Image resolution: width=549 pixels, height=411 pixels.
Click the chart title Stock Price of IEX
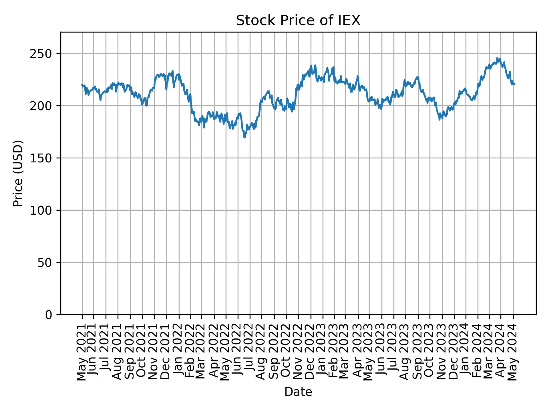pyautogui.click(x=298, y=21)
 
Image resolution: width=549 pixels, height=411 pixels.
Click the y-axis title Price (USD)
pyautogui.click(x=18, y=173)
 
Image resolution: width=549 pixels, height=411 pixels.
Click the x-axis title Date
pyautogui.click(x=298, y=392)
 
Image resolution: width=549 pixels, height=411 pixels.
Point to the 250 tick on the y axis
pyautogui.click(x=43, y=54)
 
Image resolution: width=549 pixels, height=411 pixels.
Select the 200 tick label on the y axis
pyautogui.click(x=43, y=106)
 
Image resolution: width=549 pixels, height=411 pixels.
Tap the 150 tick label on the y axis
pyautogui.click(x=43, y=158)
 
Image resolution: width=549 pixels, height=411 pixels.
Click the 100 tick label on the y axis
pyautogui.click(x=43, y=210)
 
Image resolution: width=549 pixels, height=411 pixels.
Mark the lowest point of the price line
pyautogui.click(x=244, y=138)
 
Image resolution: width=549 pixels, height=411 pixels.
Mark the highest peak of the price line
pyautogui.click(x=497, y=58)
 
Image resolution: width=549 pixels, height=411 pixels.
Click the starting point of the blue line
pyautogui.click(x=82, y=85)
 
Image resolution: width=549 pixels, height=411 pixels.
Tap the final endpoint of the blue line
pyautogui.click(x=515, y=84)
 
